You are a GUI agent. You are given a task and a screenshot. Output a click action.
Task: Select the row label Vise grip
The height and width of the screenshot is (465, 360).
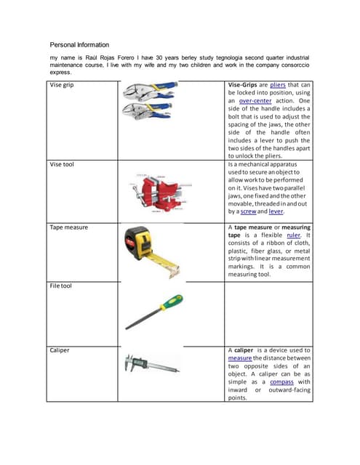[62, 85]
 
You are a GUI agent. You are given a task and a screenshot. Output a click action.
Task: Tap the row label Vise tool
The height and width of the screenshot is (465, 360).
[62, 164]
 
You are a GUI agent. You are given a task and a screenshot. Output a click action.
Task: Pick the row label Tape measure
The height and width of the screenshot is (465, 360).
[68, 227]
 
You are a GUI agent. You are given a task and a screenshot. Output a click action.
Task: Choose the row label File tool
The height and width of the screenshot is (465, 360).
[61, 286]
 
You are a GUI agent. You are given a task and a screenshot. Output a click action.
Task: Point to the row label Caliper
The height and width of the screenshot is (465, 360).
[60, 349]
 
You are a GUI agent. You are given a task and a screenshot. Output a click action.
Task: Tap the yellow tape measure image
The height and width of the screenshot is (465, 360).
[151, 250]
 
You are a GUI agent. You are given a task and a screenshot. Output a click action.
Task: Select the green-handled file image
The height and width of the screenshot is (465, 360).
[153, 312]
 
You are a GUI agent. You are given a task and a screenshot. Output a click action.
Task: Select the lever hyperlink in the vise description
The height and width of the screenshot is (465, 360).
[276, 212]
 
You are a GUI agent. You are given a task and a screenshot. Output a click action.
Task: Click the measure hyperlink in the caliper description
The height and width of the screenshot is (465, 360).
[240, 358]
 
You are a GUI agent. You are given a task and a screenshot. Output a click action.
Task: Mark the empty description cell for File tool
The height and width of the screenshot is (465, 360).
[269, 312]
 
